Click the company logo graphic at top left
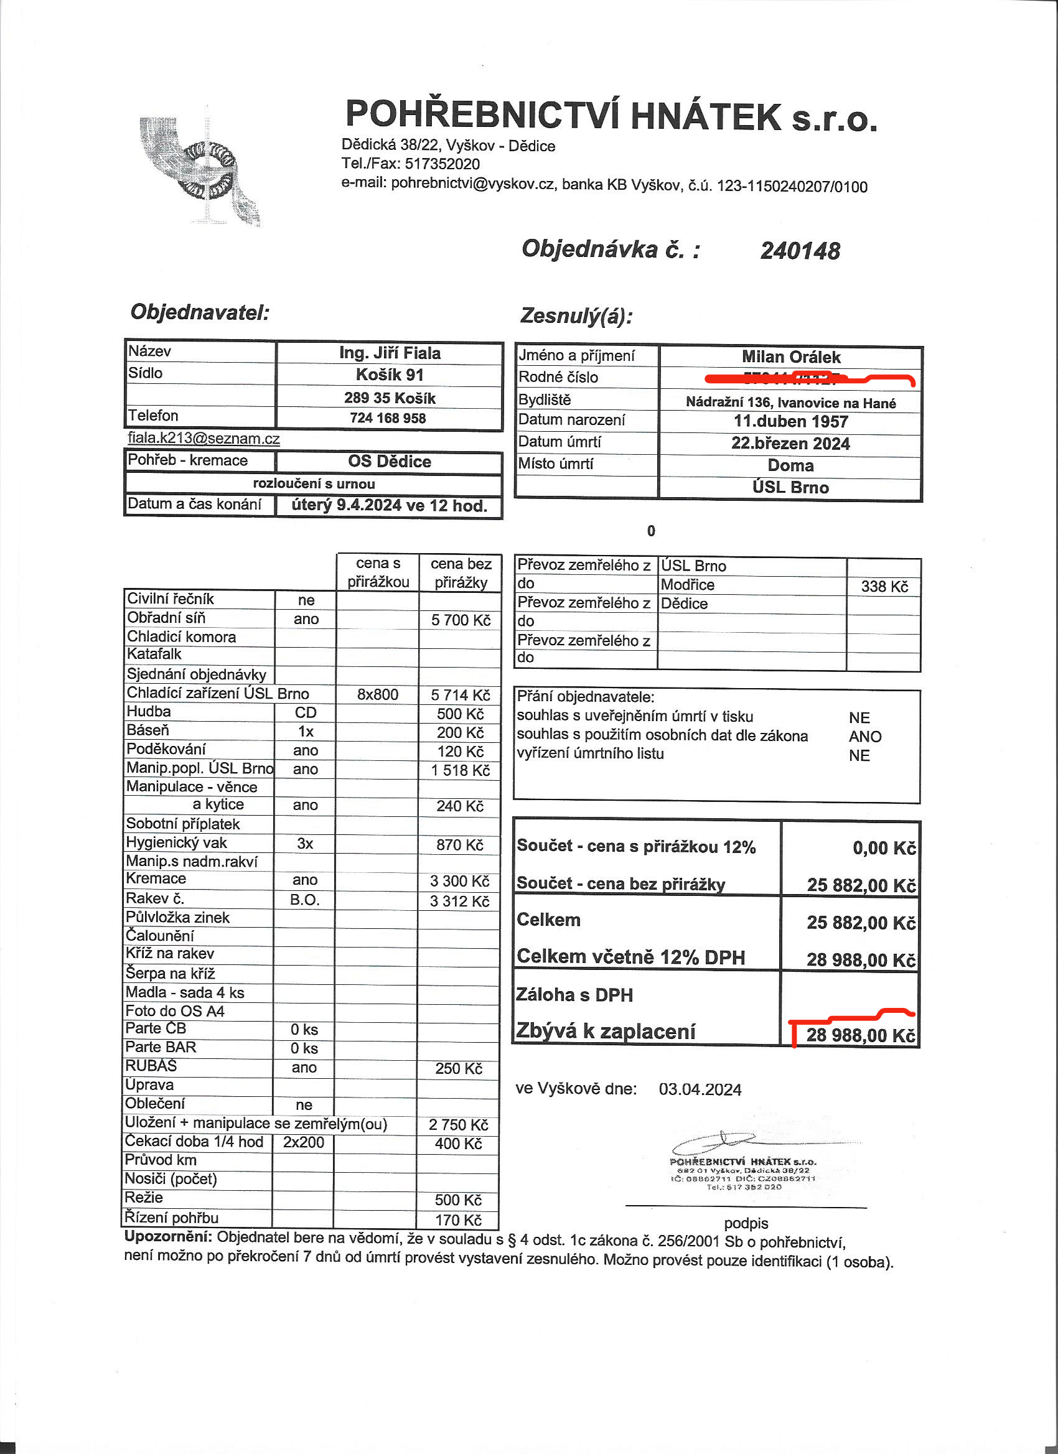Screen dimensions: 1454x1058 point(199,171)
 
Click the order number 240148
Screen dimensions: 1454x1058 point(800,251)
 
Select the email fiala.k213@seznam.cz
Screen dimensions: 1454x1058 point(204,439)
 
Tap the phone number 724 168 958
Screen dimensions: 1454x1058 point(388,418)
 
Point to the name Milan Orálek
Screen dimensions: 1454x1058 point(790,357)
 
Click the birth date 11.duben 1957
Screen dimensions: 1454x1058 point(790,422)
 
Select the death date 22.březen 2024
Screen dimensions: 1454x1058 point(790,444)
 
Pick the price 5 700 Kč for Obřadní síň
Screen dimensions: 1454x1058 point(461,620)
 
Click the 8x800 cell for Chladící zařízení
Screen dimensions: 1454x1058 point(378,694)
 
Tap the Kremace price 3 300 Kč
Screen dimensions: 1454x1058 point(459,881)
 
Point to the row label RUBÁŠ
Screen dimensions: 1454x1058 point(151,1066)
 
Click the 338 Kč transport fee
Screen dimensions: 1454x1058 point(884,587)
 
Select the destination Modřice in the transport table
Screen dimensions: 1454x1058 point(687,585)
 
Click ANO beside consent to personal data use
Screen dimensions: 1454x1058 point(865,737)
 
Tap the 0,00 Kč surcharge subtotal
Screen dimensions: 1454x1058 point(884,848)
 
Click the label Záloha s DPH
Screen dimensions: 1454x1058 point(574,994)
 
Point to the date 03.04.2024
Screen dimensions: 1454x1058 point(700,1090)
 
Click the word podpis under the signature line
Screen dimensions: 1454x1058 point(746,1223)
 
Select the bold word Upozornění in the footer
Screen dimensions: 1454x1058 point(168,1237)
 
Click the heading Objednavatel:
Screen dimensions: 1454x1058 point(200,313)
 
